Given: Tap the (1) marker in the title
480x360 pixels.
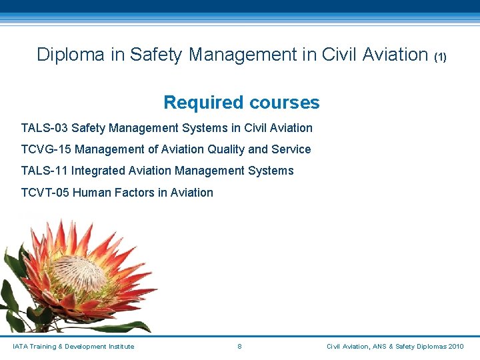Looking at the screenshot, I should click(x=440, y=57).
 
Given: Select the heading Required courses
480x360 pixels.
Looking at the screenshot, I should click(x=241, y=103).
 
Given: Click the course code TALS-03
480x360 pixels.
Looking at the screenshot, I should click(x=45, y=128).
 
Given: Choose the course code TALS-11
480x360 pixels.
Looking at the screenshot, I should click(x=45, y=171).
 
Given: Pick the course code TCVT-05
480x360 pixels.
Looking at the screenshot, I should click(x=45, y=193).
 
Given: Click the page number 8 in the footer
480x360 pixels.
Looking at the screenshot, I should click(x=239, y=347).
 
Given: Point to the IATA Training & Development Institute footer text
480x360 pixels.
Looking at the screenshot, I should click(x=73, y=347).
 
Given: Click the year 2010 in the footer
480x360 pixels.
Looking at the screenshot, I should click(x=456, y=347).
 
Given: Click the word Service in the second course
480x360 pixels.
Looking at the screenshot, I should click(x=291, y=149).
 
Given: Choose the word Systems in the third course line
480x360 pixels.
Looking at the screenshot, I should click(x=271, y=171).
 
